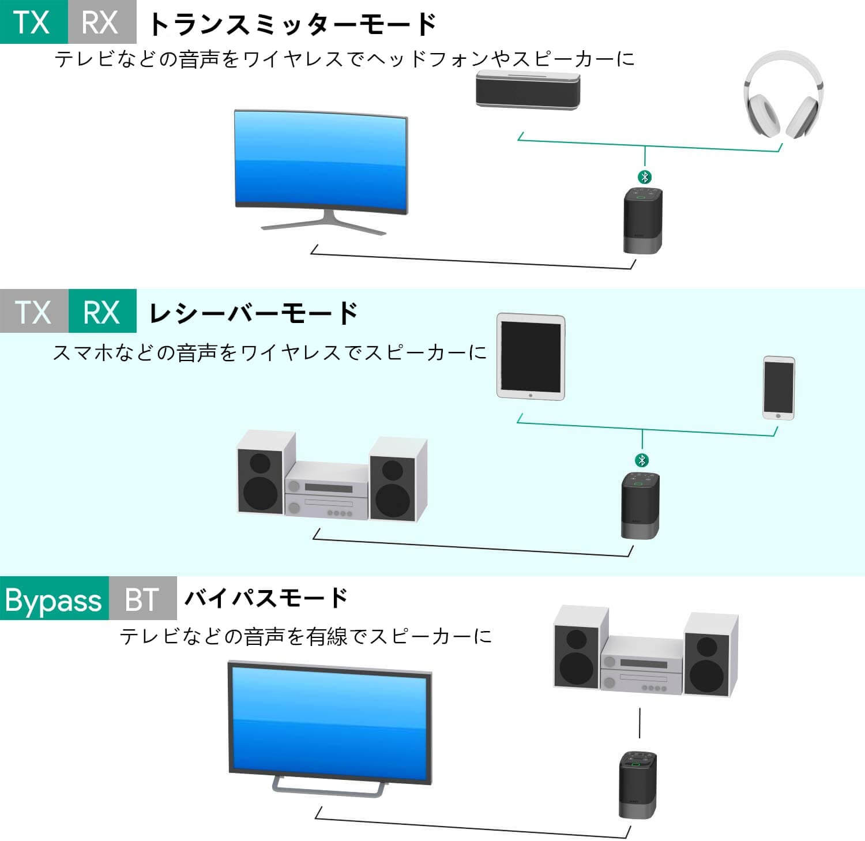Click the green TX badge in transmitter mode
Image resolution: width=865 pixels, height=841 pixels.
coord(33,22)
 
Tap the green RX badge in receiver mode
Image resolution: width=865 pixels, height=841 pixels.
coord(102,311)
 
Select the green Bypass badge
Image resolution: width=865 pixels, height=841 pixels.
coord(54,599)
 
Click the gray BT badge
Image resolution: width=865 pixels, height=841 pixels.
coord(142,599)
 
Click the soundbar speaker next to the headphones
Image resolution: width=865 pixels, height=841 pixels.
coord(528,90)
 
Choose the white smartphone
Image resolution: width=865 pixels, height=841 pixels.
coord(778,387)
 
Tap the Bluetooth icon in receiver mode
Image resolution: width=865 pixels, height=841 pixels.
coord(642,460)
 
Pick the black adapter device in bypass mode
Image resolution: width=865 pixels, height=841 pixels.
coord(637,784)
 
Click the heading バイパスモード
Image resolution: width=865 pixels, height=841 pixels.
coord(266,598)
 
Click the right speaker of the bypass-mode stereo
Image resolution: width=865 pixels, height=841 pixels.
coord(710,654)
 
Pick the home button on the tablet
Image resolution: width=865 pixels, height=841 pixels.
coord(531,396)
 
